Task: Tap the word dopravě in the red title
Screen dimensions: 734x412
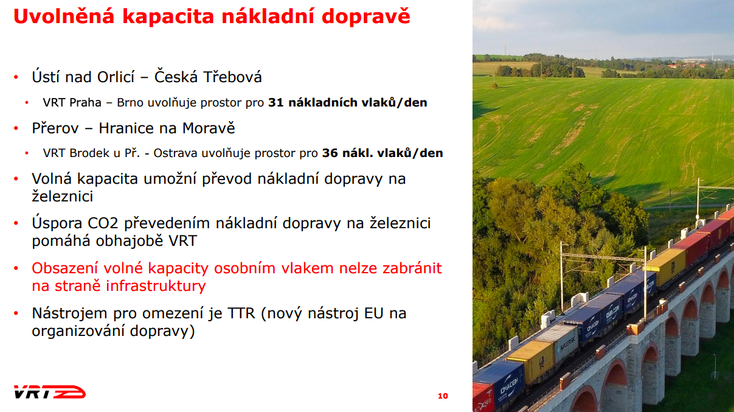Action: [365, 16]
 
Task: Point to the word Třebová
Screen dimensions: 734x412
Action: [232, 77]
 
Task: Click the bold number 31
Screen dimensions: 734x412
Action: [276, 103]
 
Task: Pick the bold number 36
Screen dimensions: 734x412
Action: [330, 153]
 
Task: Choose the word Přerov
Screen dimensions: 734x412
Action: [55, 128]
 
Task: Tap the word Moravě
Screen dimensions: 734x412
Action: [209, 128]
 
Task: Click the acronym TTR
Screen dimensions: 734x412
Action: [241, 313]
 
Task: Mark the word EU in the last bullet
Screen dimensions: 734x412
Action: [373, 313]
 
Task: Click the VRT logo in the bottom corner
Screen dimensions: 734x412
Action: [49, 392]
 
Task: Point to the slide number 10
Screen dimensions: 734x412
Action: [443, 396]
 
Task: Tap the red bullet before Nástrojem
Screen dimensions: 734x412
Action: [16, 313]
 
